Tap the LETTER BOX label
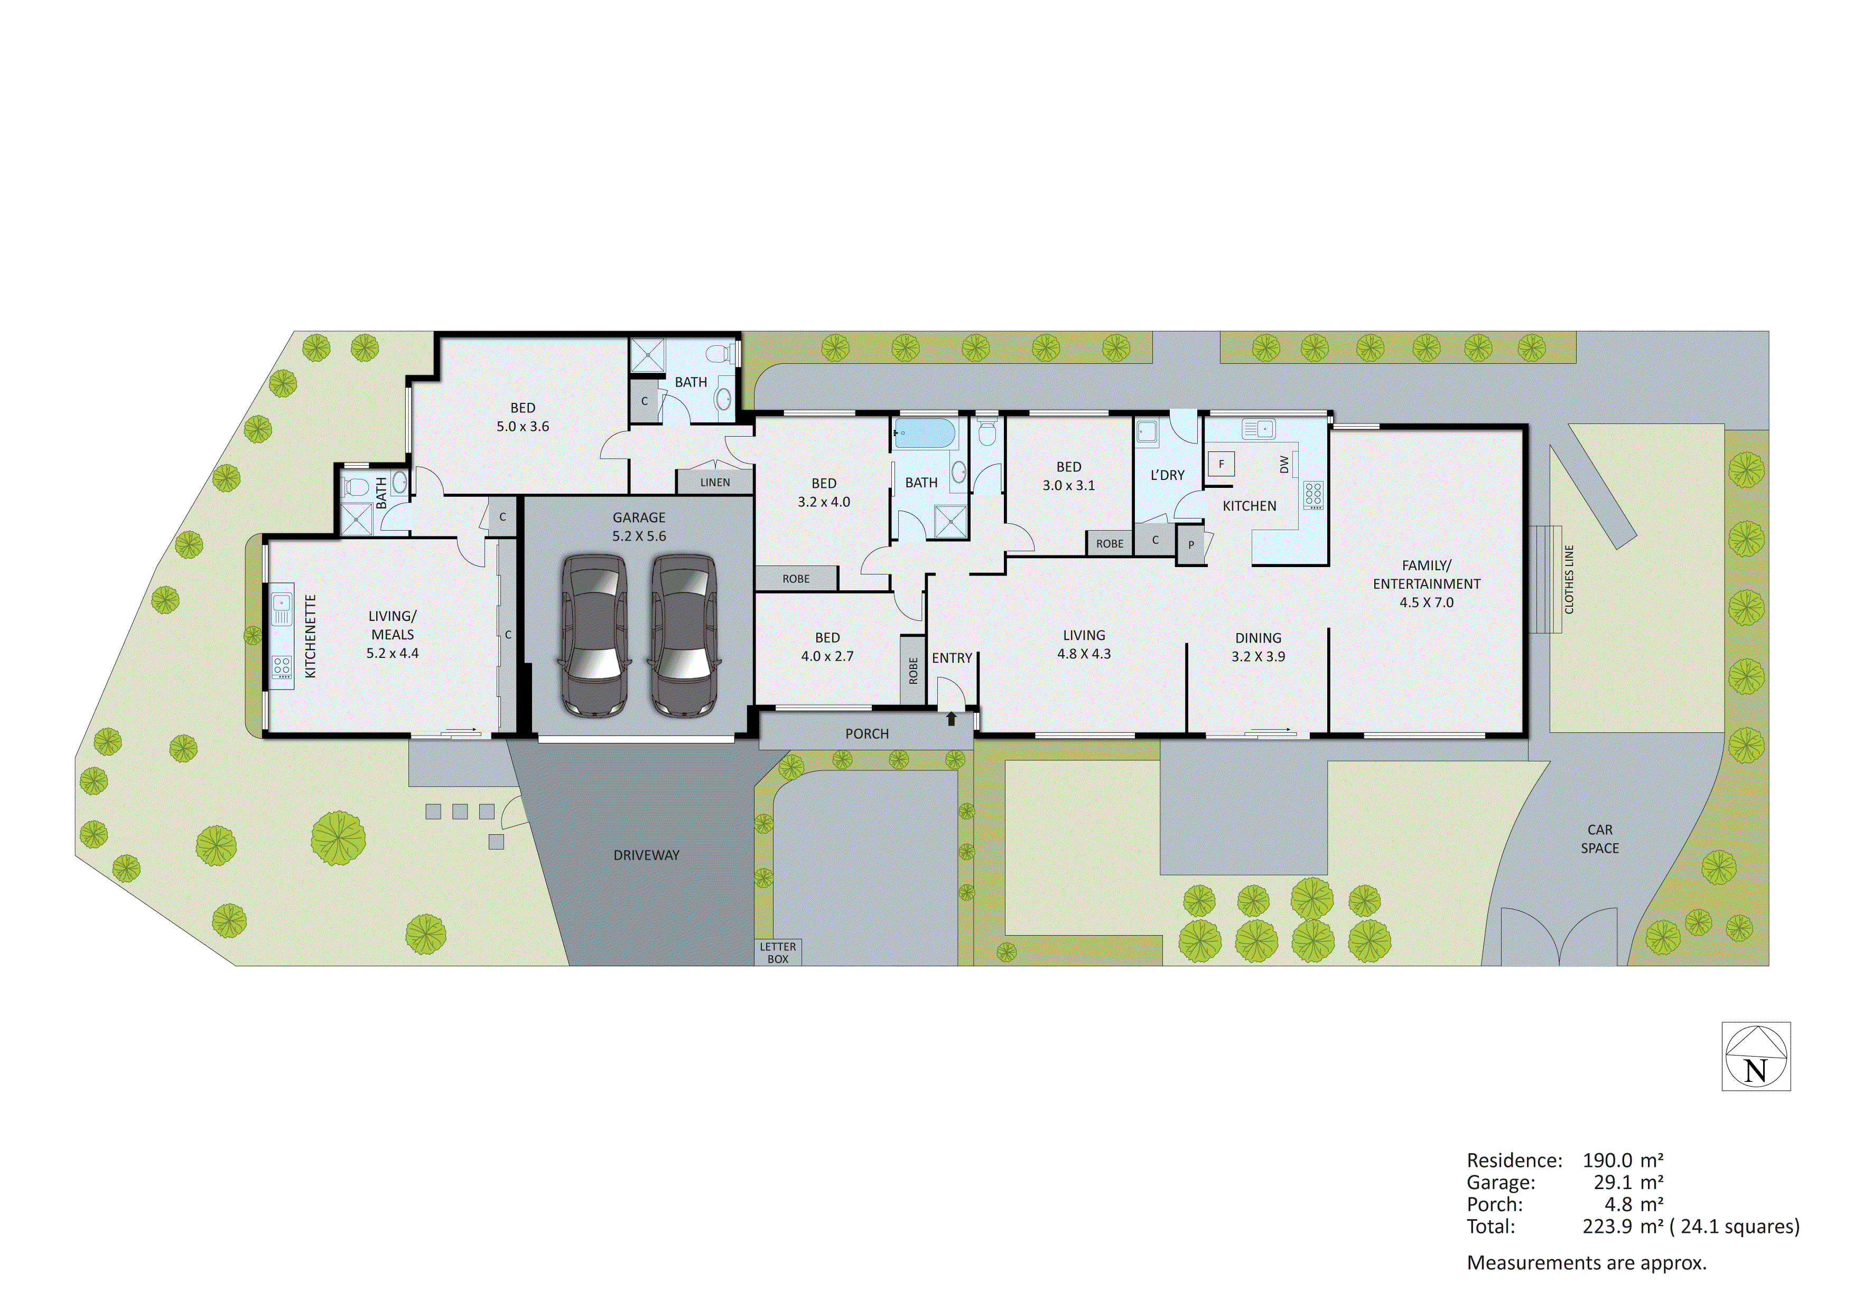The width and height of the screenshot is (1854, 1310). pos(778,953)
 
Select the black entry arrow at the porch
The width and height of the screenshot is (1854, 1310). pos(951,718)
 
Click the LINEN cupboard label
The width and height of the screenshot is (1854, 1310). pos(715,483)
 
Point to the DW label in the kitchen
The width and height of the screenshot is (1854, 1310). pos(1284,464)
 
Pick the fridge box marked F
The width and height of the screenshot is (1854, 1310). pos(1221,464)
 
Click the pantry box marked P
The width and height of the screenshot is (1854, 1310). pos(1190,545)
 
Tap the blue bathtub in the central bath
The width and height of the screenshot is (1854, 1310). pos(925,433)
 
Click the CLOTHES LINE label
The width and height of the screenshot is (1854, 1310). pos(1569,580)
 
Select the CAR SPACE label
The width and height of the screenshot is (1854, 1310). pos(1600,838)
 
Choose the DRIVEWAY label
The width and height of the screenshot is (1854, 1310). pos(646,855)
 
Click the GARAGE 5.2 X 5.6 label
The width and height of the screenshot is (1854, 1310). pos(639,526)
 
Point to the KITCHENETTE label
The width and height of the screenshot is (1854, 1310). pos(311,636)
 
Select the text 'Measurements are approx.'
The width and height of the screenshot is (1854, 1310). pos(1586,1262)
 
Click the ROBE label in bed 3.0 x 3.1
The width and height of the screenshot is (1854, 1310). pos(1110,544)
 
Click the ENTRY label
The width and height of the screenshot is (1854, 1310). pos(952,658)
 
